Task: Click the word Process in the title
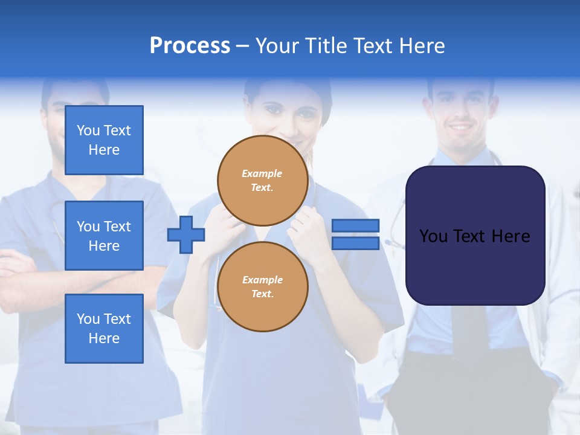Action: tap(190, 46)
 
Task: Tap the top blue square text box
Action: tap(104, 140)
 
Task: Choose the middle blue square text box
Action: tap(104, 236)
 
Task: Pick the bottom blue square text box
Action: tap(104, 329)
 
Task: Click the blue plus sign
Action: tap(186, 234)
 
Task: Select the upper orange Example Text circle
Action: tap(263, 181)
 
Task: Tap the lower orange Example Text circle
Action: tap(263, 287)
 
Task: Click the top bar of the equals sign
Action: tap(355, 225)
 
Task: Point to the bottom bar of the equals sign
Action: tap(355, 243)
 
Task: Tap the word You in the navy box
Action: tap(433, 236)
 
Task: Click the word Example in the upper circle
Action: tap(262, 173)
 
